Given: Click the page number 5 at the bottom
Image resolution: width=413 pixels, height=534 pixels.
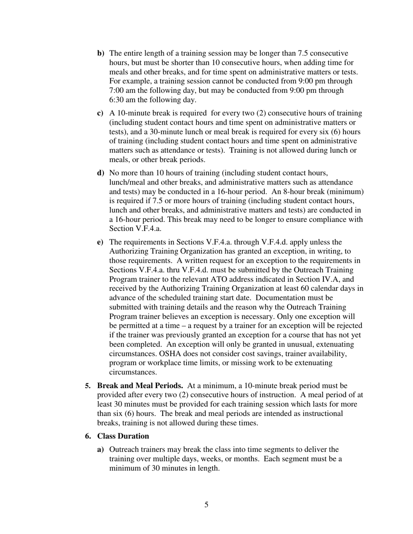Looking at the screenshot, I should click(206, 504).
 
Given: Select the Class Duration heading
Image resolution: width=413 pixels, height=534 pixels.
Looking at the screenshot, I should click(123, 436).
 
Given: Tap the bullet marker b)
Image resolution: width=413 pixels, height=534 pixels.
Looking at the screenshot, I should click(100, 53).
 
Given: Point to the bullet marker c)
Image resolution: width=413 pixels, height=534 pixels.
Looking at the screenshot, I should click(100, 113).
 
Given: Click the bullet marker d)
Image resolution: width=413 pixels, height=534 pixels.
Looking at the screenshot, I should click(100, 173).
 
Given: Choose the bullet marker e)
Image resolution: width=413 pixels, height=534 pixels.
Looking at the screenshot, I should click(100, 242).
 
